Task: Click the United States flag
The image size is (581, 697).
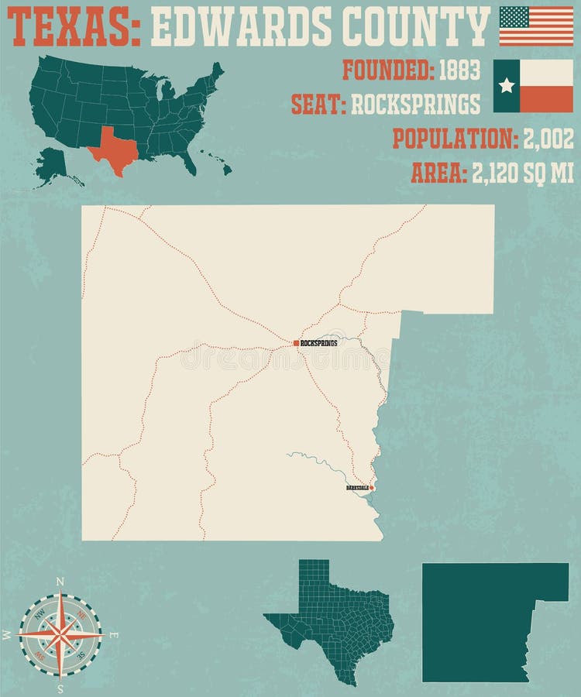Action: tap(536, 26)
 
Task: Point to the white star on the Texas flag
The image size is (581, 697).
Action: tap(507, 85)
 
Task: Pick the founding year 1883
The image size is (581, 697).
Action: tap(460, 70)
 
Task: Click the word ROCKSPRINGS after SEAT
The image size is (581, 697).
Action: tap(416, 104)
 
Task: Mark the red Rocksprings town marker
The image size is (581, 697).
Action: tap(296, 342)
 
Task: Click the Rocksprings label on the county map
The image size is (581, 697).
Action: tap(319, 342)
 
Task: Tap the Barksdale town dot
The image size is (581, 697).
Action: tap(372, 488)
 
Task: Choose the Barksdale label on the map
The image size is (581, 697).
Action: tap(357, 488)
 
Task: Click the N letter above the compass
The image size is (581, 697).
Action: tap(61, 582)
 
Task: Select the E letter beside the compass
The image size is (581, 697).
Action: tap(114, 635)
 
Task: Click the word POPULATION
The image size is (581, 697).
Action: tap(454, 139)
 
